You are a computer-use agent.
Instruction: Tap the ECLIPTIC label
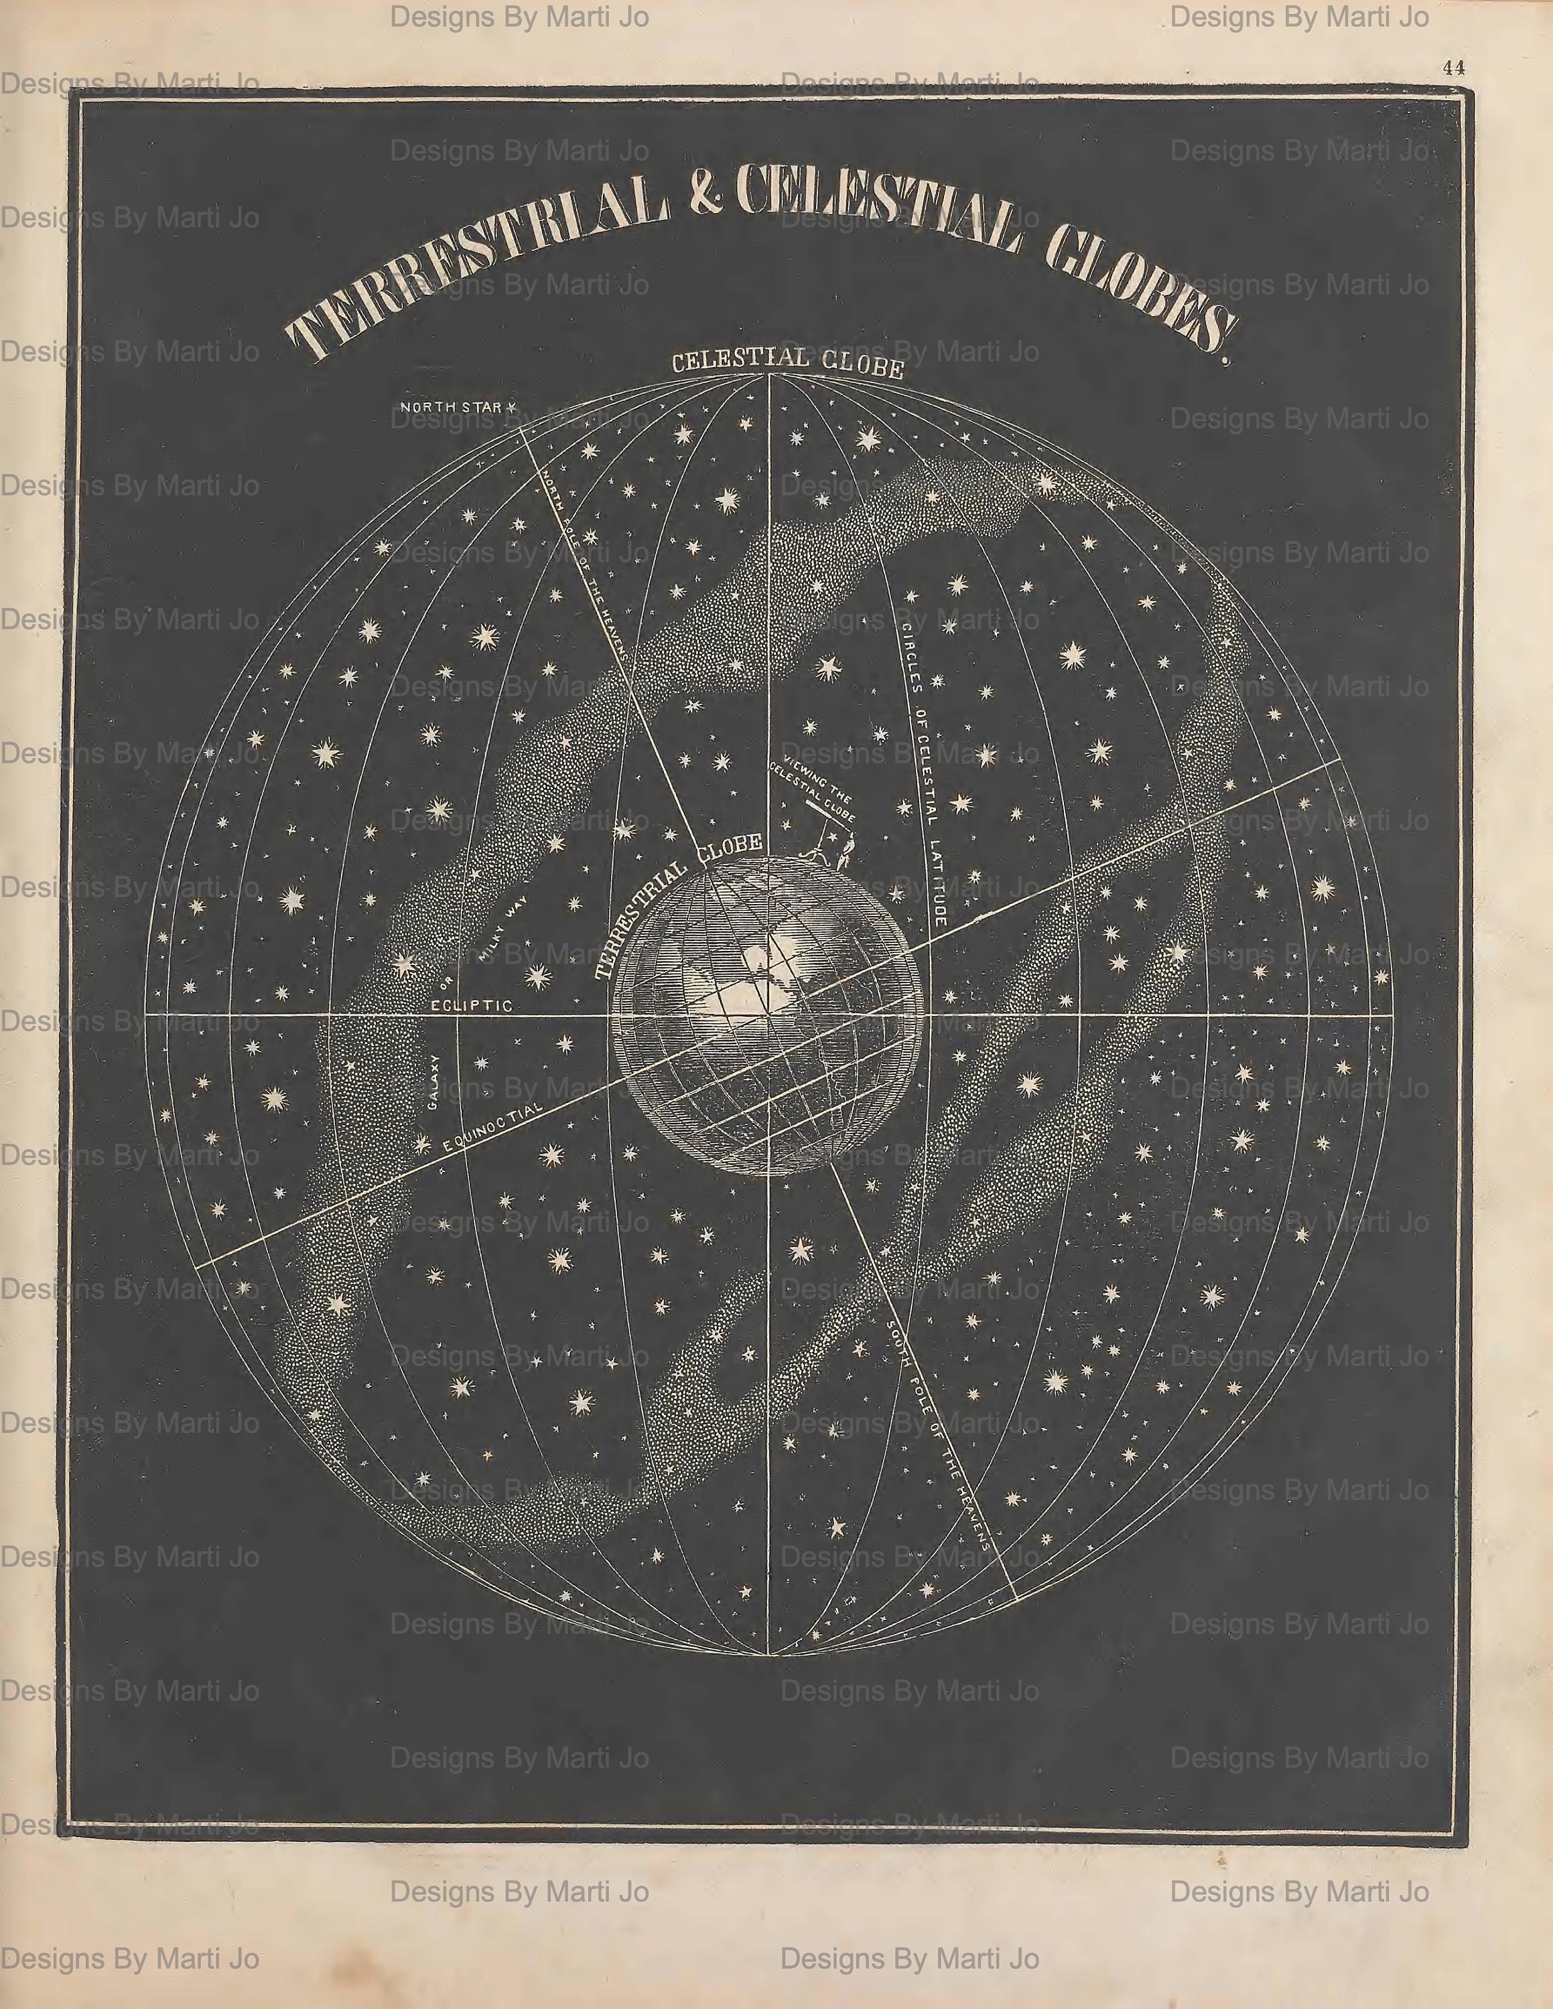click(472, 1005)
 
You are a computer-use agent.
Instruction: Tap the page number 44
click(1454, 67)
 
